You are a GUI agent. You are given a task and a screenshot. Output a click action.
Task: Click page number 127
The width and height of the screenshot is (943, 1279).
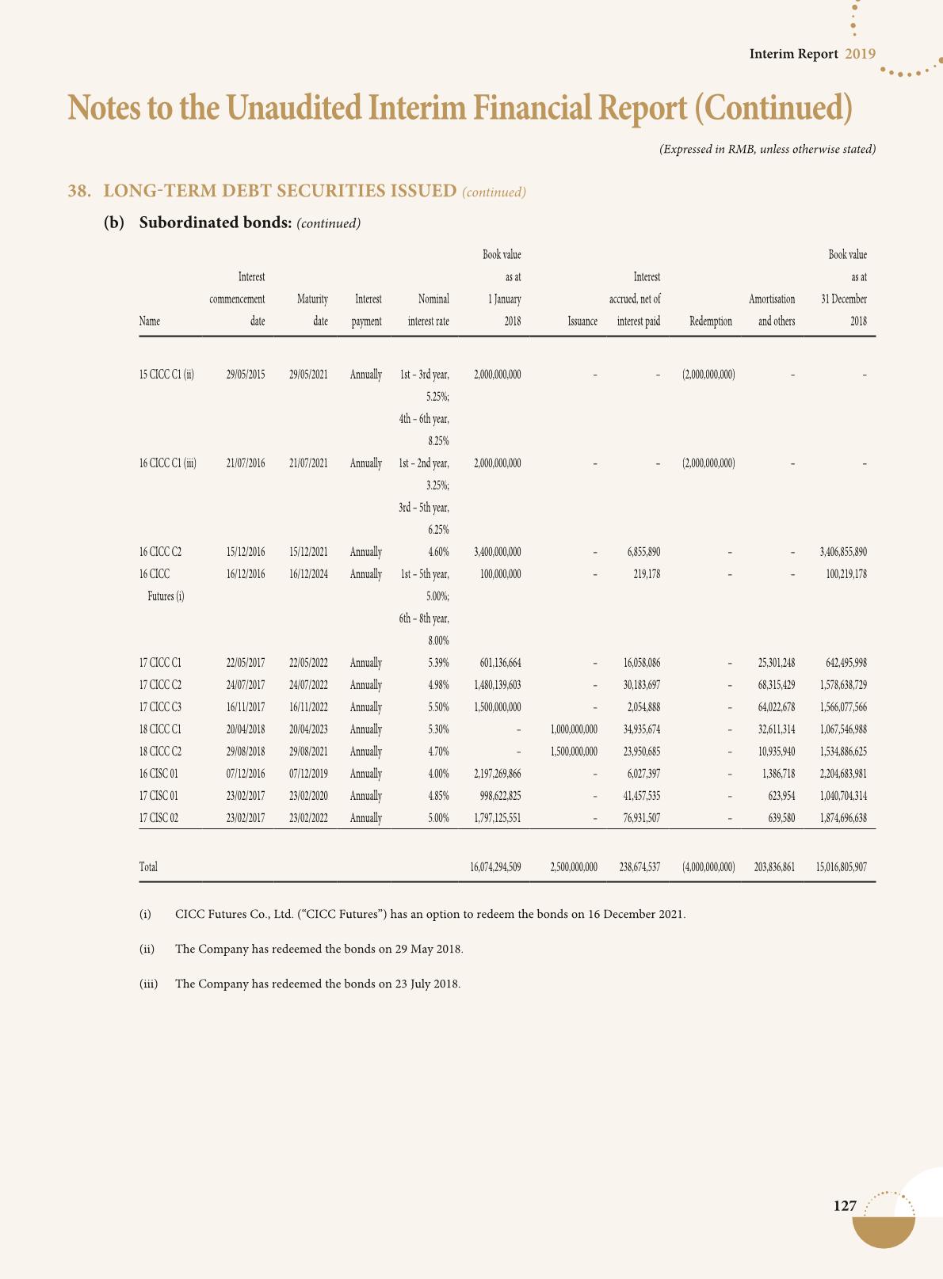(845, 1206)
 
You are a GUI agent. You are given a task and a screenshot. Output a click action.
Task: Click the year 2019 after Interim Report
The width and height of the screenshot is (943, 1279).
(860, 54)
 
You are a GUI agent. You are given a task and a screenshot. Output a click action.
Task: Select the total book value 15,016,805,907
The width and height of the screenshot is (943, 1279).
(841, 867)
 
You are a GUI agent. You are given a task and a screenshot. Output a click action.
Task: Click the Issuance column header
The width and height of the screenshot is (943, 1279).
(582, 322)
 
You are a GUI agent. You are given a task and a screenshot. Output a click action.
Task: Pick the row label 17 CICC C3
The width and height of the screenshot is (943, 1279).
(160, 707)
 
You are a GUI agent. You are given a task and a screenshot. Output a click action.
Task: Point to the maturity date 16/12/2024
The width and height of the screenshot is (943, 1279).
(308, 574)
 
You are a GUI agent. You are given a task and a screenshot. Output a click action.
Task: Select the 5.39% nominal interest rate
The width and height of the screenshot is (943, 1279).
(438, 663)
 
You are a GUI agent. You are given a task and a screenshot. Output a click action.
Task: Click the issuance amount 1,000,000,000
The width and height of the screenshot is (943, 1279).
(573, 729)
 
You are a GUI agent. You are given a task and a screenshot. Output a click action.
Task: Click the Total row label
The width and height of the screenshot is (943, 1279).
(148, 867)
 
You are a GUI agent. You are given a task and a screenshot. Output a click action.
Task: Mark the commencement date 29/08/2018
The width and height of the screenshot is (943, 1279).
(245, 752)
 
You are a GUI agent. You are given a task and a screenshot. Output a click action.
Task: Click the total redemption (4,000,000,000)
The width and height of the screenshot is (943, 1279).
(708, 867)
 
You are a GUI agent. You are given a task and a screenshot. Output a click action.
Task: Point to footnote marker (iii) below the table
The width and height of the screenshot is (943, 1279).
(148, 984)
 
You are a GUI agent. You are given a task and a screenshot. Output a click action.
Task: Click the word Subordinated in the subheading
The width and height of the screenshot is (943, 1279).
(184, 223)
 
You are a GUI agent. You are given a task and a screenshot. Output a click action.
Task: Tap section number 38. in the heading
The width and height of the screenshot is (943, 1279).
(78, 191)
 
